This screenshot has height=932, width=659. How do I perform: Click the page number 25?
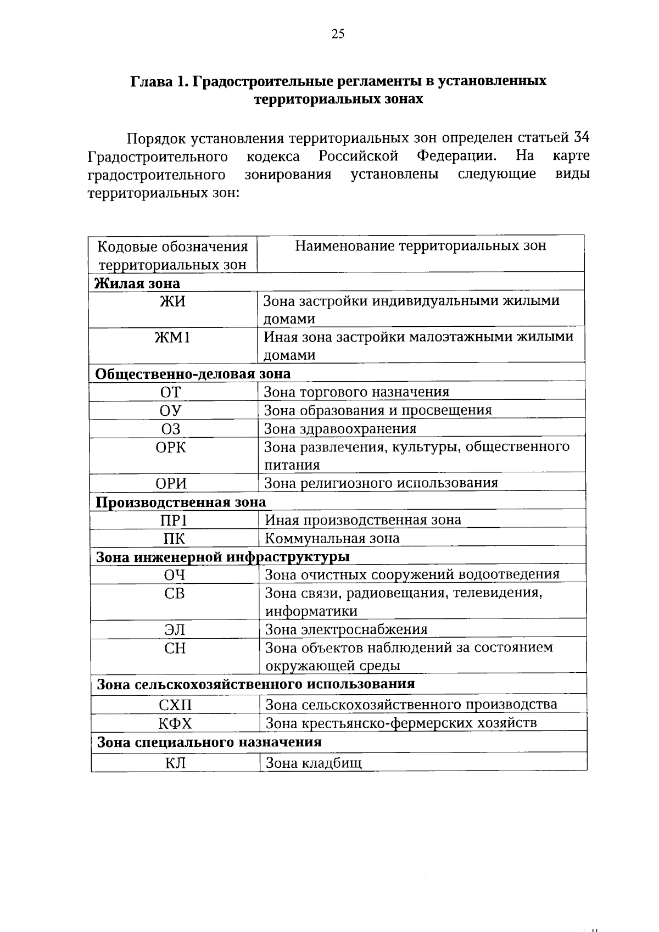coord(338,35)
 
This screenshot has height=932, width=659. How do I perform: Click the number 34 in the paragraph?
coord(582,138)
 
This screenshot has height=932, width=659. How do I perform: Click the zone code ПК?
coord(174,538)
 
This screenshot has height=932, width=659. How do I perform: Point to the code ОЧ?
coord(175,575)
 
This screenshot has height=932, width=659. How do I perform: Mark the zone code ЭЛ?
coord(175,630)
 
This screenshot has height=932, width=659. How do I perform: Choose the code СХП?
coord(176,705)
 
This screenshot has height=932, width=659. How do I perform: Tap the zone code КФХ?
coord(176,723)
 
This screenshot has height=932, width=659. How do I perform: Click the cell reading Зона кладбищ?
coord(314,763)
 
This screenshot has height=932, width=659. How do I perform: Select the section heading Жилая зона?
coord(137,283)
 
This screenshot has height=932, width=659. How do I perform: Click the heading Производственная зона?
coord(181,502)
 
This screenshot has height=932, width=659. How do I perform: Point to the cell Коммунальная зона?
coord(332,538)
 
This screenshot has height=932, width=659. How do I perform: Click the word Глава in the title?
coord(149,81)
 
